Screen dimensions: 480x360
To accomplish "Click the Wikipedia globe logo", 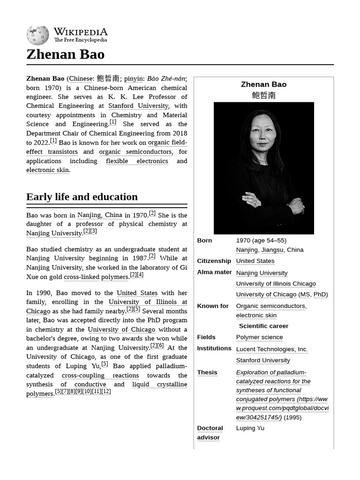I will pyautogui.click(x=37, y=36).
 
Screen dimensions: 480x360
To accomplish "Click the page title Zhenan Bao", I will pyautogui.click(x=65, y=54).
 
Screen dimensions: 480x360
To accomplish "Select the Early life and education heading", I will pyautogui.click(x=82, y=197).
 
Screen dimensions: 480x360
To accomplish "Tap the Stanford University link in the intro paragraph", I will pyautogui.click(x=138, y=106).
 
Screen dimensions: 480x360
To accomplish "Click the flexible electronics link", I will pyautogui.click(x=137, y=161).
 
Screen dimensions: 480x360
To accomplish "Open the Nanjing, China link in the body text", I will pyautogui.click(x=100, y=215).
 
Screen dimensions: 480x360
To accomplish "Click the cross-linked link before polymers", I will pyautogui.click(x=82, y=277).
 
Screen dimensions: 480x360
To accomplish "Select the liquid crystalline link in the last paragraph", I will pyautogui.click(x=159, y=384).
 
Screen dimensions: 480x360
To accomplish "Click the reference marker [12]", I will pyautogui.click(x=106, y=391).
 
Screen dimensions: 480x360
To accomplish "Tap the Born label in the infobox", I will pyautogui.click(x=204, y=240).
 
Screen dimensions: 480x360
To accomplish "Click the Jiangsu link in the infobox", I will pyautogui.click(x=272, y=250).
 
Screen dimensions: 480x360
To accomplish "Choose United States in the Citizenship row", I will pyautogui.click(x=255, y=261).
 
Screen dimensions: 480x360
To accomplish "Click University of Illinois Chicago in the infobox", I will pyautogui.click(x=276, y=284).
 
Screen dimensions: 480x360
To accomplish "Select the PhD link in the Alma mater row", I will pyautogui.click(x=320, y=294).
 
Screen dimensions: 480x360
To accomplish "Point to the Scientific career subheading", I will pyautogui.click(x=263, y=326).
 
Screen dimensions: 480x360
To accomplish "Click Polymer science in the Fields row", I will pyautogui.click(x=259, y=337).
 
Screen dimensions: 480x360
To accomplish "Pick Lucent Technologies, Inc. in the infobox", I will pyautogui.click(x=272, y=349).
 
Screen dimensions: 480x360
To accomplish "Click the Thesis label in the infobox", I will pyautogui.click(x=207, y=373).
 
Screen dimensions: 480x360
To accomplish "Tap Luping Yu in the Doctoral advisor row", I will pyautogui.click(x=250, y=428).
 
